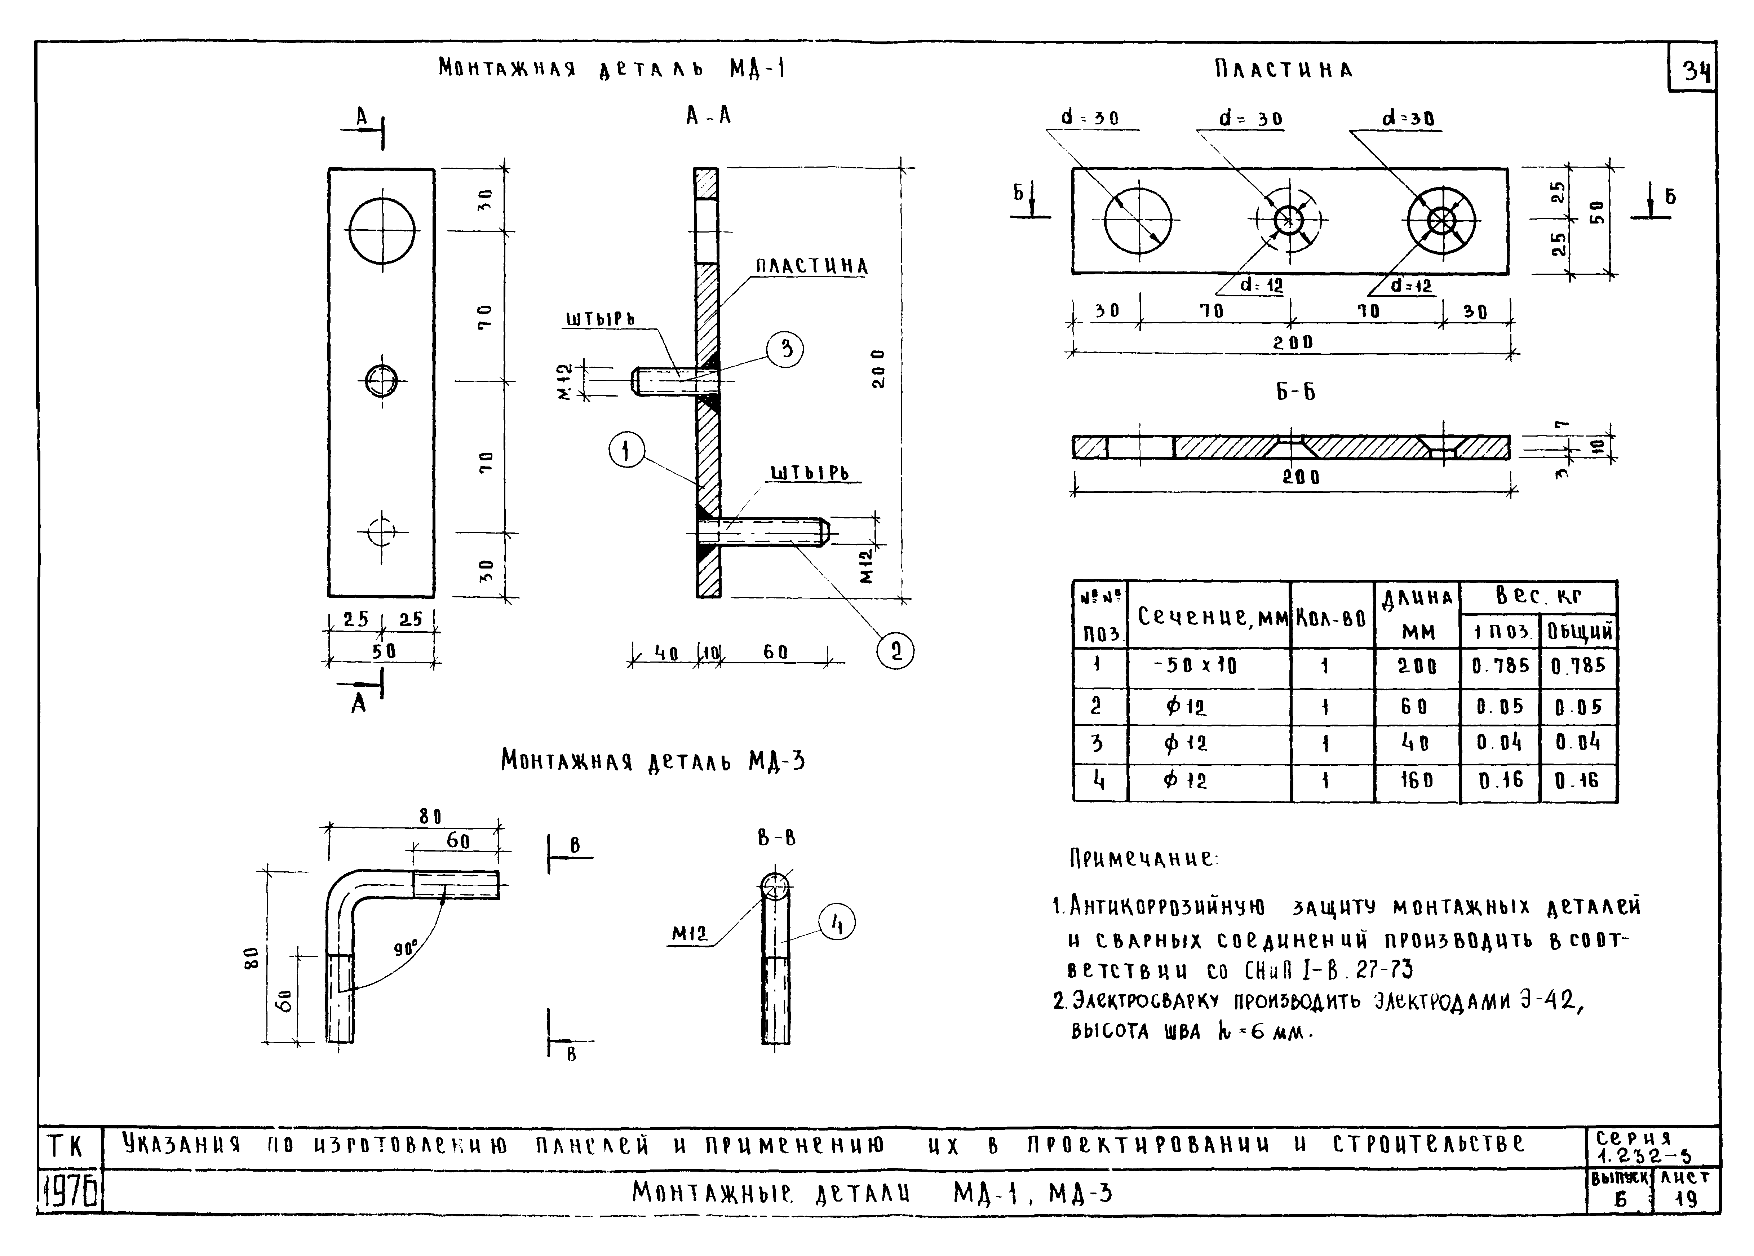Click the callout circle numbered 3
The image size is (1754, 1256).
(x=785, y=350)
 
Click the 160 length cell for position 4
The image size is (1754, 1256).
(x=1417, y=781)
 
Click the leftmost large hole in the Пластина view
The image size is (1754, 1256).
(x=1138, y=220)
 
